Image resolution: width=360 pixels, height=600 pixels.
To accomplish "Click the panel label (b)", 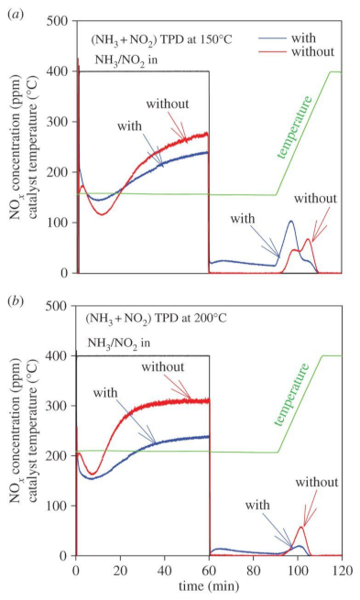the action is pyautogui.click(x=16, y=301).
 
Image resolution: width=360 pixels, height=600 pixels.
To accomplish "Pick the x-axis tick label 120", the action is pyautogui.click(x=342, y=570).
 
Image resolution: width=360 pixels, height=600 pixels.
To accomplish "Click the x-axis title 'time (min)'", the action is pyautogui.click(x=209, y=586).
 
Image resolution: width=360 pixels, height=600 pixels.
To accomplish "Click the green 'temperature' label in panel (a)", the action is pyautogui.click(x=295, y=127).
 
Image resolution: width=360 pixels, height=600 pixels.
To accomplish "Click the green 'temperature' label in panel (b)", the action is pyautogui.click(x=291, y=395).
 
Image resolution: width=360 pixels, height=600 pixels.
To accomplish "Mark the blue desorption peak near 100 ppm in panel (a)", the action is pyautogui.click(x=291, y=221).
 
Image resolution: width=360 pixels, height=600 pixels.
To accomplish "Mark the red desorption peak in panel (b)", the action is pyautogui.click(x=301, y=528).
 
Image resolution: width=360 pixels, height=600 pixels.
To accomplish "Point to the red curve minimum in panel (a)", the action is pyautogui.click(x=102, y=214).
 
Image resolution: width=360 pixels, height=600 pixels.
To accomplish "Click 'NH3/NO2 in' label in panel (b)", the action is pyautogui.click(x=119, y=343).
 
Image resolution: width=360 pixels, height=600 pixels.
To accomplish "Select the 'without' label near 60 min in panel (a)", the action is pyautogui.click(x=168, y=104).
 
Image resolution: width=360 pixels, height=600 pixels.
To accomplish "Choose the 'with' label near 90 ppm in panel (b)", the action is pyautogui.click(x=257, y=505).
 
